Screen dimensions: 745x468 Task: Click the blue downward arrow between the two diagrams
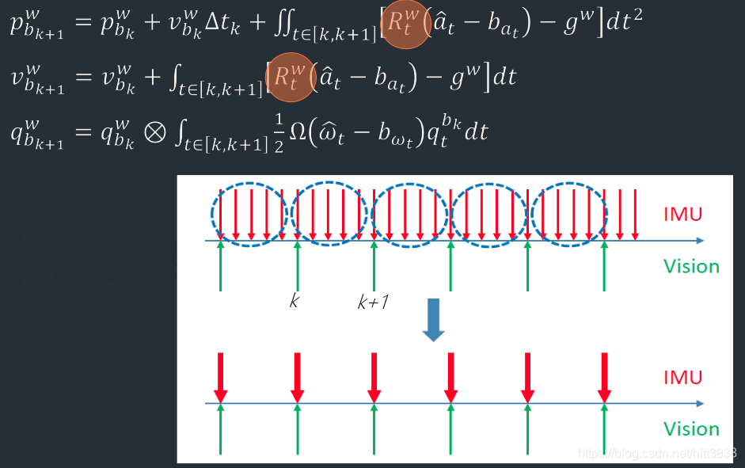click(x=433, y=319)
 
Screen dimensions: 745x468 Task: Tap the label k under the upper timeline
click(x=295, y=301)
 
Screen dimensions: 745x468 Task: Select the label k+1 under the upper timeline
click(x=372, y=302)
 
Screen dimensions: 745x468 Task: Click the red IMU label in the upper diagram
click(x=683, y=214)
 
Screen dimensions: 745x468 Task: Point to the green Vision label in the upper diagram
click(x=691, y=266)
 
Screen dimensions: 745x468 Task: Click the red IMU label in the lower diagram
click(x=683, y=377)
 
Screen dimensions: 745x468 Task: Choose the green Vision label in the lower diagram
click(x=691, y=429)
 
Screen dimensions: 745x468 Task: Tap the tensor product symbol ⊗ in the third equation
click(x=156, y=131)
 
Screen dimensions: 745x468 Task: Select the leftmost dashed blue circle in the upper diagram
click(x=249, y=214)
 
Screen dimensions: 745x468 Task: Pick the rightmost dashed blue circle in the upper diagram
click(x=569, y=214)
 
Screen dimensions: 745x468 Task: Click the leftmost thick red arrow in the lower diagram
click(x=221, y=378)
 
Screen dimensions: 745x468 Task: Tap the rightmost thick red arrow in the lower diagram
click(x=605, y=378)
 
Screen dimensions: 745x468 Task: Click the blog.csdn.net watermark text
click(x=658, y=453)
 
